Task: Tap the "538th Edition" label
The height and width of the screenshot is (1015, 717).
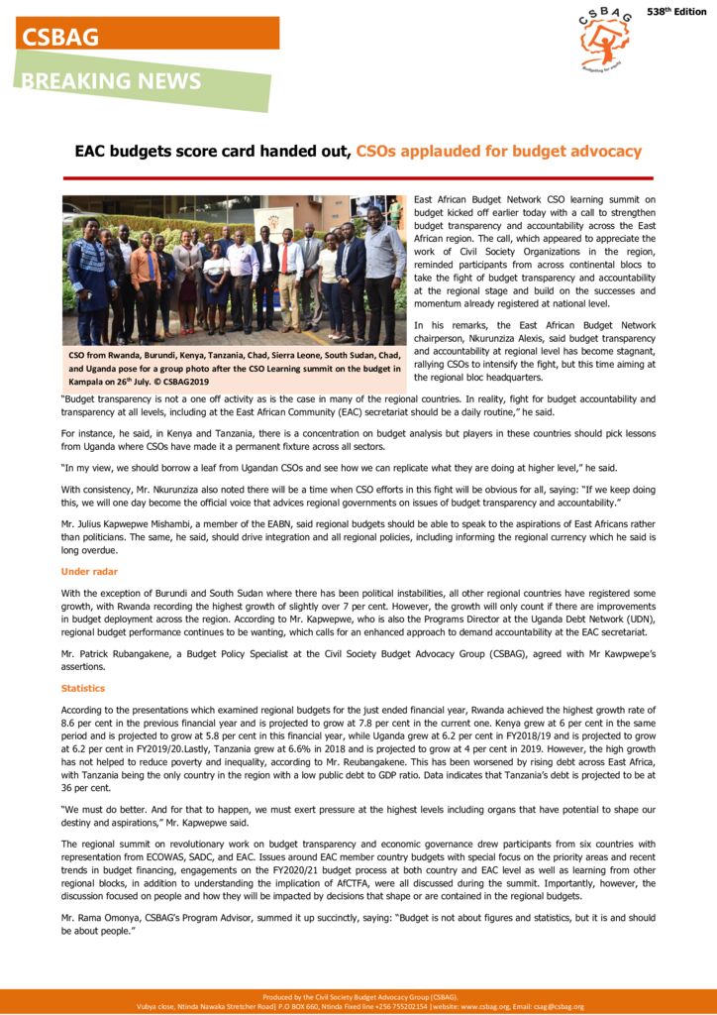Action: tap(676, 12)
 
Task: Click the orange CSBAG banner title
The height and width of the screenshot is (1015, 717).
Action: tap(61, 37)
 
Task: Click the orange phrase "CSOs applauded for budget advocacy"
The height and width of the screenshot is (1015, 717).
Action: tap(498, 152)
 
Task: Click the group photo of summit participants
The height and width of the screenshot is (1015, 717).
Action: tap(234, 269)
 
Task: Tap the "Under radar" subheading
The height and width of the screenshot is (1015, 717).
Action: tap(89, 572)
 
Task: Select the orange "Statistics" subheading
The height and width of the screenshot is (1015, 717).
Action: tap(82, 688)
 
